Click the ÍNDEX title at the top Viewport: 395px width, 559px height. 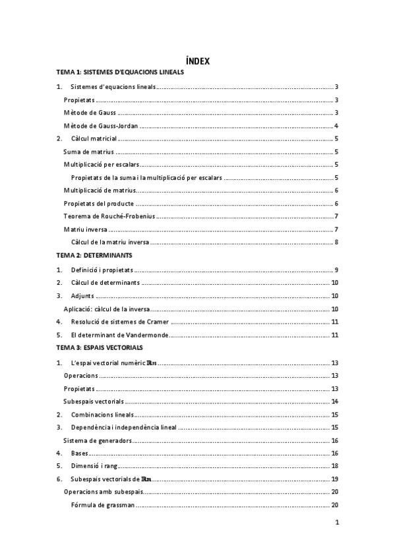(197, 61)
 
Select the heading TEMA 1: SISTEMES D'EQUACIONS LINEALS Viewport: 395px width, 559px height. (120, 72)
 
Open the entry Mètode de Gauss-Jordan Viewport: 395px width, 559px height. (101, 126)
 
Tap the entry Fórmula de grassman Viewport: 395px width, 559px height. (103, 505)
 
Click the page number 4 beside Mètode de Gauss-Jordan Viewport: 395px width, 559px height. (336, 126)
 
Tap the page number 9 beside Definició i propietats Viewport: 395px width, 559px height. (336, 270)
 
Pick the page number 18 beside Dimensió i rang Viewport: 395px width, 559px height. (335, 466)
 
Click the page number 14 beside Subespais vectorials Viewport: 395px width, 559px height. (335, 401)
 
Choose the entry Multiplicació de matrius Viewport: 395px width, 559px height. (100, 191)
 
